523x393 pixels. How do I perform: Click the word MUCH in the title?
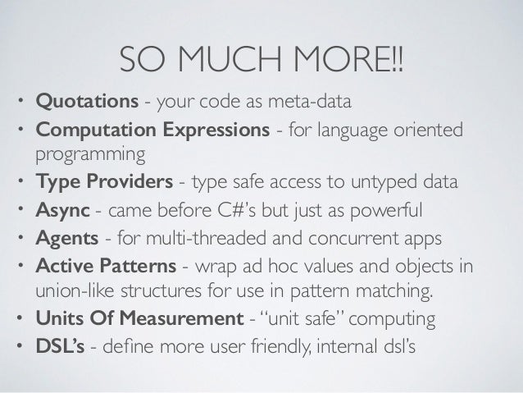227,58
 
